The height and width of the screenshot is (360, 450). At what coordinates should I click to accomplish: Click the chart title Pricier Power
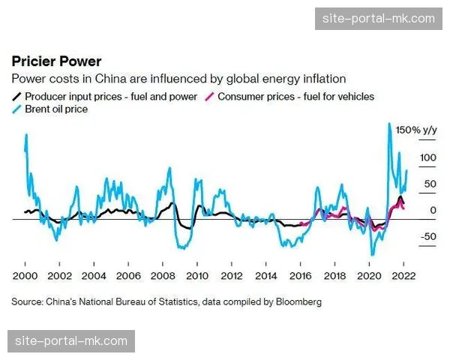55,61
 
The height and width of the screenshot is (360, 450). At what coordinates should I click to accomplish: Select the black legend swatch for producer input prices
16,97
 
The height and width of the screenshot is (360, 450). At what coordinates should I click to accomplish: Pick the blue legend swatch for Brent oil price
16,110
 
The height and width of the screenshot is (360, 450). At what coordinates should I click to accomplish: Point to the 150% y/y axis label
416,130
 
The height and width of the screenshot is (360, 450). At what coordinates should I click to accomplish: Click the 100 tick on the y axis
428,157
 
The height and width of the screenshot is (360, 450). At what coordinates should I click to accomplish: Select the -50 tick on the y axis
428,237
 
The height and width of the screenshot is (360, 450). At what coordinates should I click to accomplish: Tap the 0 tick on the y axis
433,211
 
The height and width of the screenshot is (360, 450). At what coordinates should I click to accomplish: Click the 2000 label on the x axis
25,274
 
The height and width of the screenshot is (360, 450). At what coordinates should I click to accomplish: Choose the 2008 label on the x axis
163,274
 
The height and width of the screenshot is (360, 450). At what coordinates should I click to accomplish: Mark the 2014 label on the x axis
266,274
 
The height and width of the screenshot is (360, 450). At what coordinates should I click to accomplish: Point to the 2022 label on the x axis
403,274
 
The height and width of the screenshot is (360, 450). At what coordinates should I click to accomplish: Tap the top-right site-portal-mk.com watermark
377,18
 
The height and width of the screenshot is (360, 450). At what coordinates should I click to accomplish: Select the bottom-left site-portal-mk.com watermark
72,342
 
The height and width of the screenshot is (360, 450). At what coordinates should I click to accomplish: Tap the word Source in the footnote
27,301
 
